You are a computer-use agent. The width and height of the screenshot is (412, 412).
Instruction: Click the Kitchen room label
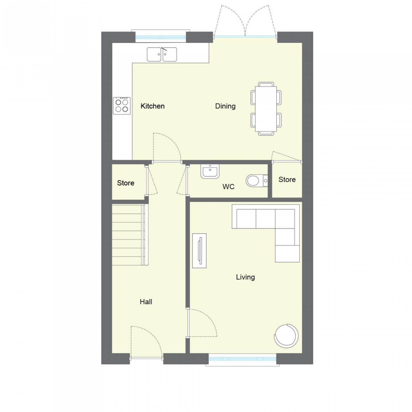click(x=152, y=106)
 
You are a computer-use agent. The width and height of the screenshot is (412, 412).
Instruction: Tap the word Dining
click(x=225, y=106)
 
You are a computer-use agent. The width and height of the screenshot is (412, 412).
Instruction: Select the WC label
click(x=228, y=187)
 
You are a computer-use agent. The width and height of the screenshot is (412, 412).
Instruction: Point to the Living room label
click(x=245, y=277)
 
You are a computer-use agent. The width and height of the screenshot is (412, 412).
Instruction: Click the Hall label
click(x=146, y=302)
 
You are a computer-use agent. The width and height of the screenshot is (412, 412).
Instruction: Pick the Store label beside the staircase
click(x=126, y=183)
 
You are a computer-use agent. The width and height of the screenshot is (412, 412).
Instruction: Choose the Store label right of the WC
click(x=287, y=179)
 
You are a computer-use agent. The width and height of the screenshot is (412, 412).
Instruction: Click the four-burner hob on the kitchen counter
click(x=122, y=106)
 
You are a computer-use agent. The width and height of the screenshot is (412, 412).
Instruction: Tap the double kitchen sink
click(x=162, y=54)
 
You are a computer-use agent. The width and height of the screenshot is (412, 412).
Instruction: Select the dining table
click(x=266, y=109)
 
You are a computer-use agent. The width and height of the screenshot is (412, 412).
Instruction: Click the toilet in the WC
click(x=257, y=181)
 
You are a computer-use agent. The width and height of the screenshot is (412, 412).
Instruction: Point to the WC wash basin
click(x=210, y=171)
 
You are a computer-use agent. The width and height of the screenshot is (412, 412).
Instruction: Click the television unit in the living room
click(x=199, y=251)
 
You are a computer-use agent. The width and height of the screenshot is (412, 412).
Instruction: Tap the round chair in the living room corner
click(x=287, y=336)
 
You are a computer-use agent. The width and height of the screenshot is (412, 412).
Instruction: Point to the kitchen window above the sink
click(x=161, y=37)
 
